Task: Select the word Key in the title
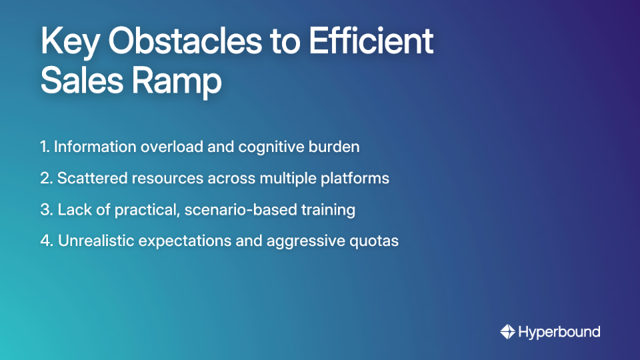[69, 42]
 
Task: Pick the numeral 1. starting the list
[45, 147]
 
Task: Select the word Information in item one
[95, 147]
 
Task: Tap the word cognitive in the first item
[274, 147]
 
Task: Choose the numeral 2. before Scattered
[46, 179]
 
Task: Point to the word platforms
[359, 179]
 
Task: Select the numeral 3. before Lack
[46, 210]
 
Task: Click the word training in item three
[330, 210]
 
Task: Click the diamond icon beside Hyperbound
[507, 331]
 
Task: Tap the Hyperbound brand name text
[559, 331]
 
